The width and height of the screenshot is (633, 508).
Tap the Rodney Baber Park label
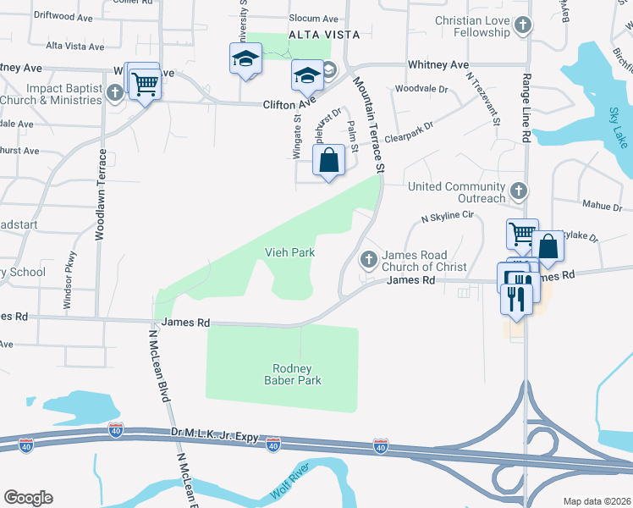[x=293, y=374]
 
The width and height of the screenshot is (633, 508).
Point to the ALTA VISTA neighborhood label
[x=324, y=35]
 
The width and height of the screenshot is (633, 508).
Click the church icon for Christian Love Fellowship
[x=523, y=25]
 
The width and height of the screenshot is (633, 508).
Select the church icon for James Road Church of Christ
[x=368, y=258]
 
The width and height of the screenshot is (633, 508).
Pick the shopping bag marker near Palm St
[x=328, y=158]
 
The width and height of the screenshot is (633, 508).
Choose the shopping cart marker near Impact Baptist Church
[x=146, y=84]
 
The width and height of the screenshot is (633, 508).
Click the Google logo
[x=28, y=497]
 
